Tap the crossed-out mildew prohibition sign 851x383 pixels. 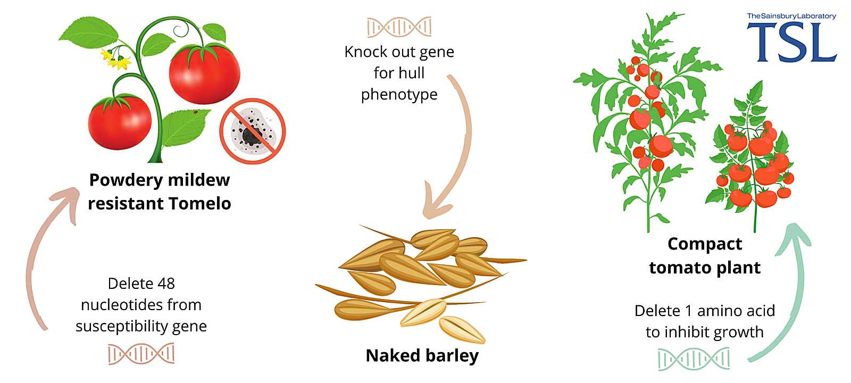click(253, 131)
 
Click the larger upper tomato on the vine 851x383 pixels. click(204, 74)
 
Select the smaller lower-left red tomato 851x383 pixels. click(120, 123)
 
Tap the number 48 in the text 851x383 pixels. click(166, 284)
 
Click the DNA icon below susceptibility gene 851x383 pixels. click(141, 354)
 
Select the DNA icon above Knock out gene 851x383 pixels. click(399, 27)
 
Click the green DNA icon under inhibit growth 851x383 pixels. click(693, 359)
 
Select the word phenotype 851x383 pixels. click(399, 95)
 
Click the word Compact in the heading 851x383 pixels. click(704, 244)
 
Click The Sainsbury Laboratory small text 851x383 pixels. click(791, 16)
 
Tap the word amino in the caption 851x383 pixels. click(721, 311)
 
